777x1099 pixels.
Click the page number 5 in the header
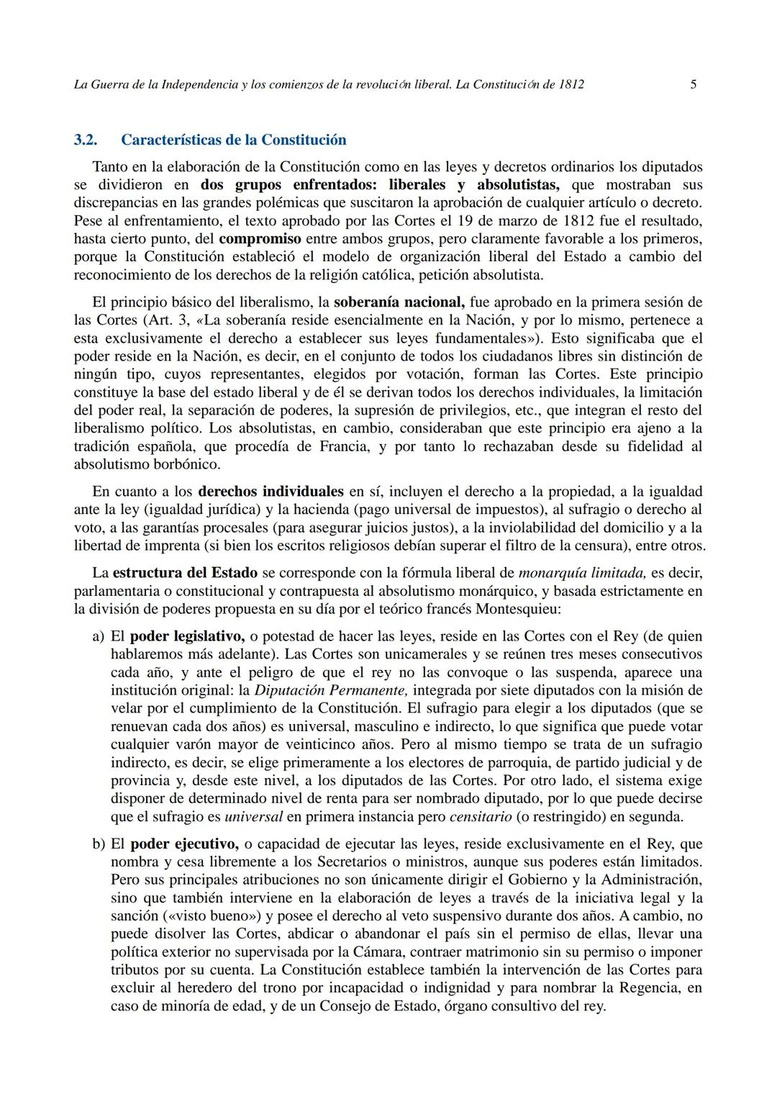(x=693, y=84)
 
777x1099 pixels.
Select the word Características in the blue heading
(x=170, y=140)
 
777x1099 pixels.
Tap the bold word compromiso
(x=260, y=238)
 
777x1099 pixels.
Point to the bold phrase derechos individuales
(x=271, y=492)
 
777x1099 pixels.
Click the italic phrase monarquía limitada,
(x=582, y=574)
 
